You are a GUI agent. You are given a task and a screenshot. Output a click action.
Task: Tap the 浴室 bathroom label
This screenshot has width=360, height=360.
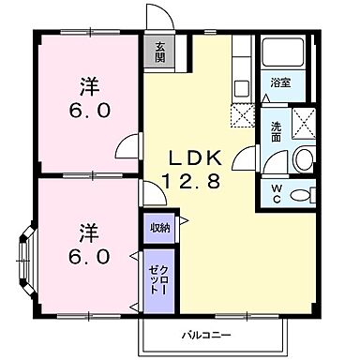[280, 82]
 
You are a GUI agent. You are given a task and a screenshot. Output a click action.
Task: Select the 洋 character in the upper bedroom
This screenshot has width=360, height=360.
[89, 86]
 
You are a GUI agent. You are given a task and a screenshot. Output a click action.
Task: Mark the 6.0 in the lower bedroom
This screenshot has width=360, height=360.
[89, 255]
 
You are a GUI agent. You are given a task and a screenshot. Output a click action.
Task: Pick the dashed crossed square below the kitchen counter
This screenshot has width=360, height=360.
[241, 117]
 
